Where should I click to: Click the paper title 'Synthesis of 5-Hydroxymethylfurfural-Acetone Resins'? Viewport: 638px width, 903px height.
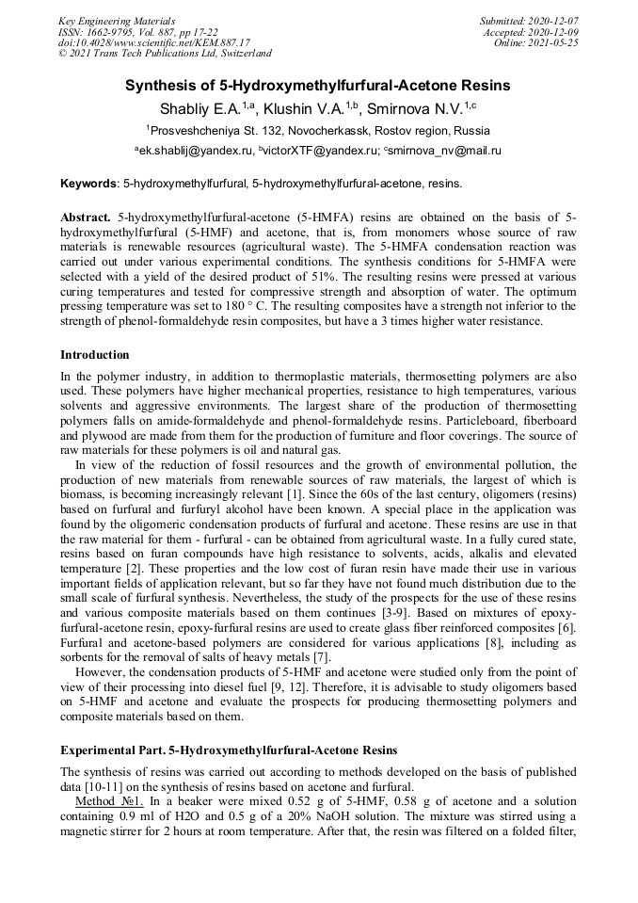[x=318, y=86]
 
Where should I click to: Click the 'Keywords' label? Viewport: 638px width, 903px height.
[x=89, y=183]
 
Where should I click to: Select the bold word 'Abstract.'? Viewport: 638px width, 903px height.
[x=87, y=216]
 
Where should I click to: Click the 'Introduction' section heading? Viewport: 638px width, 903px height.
[x=94, y=355]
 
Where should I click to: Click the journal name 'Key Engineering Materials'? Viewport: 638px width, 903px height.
[x=117, y=20]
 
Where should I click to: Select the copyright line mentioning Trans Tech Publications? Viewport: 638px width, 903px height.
[x=165, y=54]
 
